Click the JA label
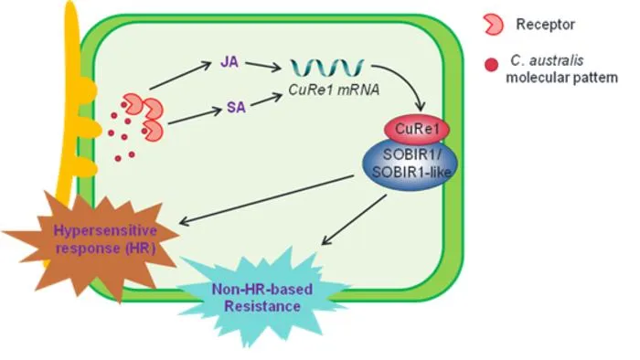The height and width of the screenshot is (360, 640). [229, 62]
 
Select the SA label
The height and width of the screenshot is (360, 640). [236, 107]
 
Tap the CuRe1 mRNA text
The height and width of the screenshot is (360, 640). [334, 90]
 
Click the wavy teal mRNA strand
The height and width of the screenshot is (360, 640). [327, 69]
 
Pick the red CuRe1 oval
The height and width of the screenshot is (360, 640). [417, 129]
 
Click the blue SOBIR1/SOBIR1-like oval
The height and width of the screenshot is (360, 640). [411, 165]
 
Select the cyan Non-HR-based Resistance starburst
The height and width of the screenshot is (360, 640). [262, 297]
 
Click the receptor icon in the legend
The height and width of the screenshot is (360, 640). [493, 25]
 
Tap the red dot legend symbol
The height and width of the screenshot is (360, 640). [491, 65]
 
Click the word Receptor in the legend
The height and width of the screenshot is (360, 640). [545, 25]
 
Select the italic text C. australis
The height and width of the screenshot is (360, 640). [547, 60]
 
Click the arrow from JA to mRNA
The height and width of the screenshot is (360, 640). [263, 67]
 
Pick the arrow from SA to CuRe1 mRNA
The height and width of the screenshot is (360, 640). [266, 101]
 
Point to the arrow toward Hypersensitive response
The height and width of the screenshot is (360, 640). [267, 200]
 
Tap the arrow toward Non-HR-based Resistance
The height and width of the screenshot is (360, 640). [354, 220]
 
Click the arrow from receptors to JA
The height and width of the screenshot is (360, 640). [181, 76]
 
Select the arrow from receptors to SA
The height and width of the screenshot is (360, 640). [195, 116]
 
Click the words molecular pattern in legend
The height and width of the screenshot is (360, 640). [561, 78]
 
